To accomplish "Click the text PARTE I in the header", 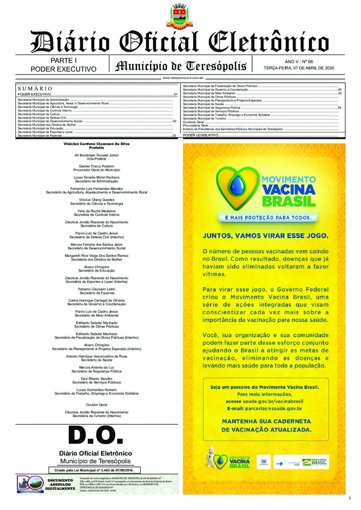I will (x=63, y=60).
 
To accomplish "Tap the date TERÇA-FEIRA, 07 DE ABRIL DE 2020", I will (x=299, y=68).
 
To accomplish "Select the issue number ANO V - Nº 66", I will (x=299, y=61).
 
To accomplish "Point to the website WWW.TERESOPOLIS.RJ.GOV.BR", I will (x=183, y=78).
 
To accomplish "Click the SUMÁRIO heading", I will (x=35, y=89).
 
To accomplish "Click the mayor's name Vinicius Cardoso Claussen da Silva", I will (x=96, y=144).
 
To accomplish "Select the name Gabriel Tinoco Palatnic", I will (x=96, y=166).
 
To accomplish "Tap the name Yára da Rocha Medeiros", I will (x=96, y=211).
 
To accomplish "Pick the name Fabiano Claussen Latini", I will (x=96, y=289).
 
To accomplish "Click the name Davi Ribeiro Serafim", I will (x=96, y=379).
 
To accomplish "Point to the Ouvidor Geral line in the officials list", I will (x=96, y=405).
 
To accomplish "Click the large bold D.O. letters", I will (x=96, y=435).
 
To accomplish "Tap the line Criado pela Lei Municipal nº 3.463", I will (x=94, y=470).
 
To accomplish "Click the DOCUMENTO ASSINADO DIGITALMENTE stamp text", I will (x=60, y=484).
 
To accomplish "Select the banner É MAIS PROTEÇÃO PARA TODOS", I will (x=268, y=218).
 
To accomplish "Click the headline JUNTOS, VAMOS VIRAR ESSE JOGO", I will (x=265, y=236).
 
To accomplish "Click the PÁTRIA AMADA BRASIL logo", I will (x=318, y=462).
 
